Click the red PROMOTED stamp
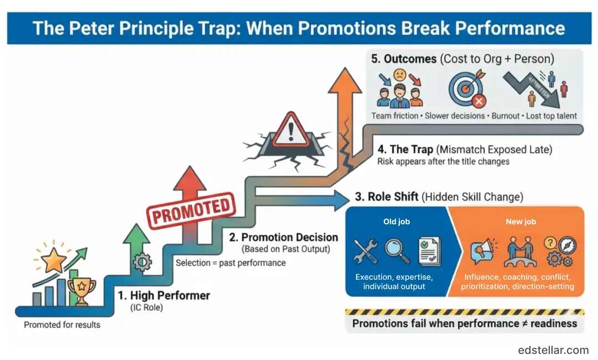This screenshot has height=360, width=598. [190, 210]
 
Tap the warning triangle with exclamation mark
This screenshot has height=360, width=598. [286, 128]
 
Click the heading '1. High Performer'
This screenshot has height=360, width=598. [164, 295]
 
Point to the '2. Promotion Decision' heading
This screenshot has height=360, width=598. [284, 237]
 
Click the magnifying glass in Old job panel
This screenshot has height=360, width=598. [398, 250]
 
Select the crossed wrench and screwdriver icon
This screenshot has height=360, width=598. [365, 251]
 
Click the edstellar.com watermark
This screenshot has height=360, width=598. [553, 349]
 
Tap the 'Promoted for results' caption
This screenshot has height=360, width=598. [62, 325]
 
